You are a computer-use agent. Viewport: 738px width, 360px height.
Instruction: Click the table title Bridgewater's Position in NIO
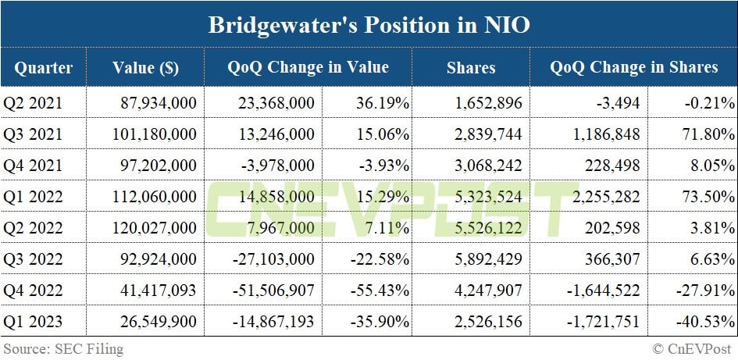[369, 25]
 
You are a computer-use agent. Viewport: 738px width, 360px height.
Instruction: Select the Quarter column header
[43, 68]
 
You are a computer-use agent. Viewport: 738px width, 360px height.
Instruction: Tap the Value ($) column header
[145, 68]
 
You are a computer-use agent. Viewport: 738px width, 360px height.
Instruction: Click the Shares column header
[471, 68]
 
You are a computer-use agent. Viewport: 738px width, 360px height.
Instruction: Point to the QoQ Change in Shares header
[633, 67]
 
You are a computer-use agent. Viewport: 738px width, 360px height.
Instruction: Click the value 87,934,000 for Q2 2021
[160, 102]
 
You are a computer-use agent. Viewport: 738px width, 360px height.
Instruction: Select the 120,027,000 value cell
[155, 227]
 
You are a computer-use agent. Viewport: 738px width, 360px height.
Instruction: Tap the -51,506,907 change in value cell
[273, 290]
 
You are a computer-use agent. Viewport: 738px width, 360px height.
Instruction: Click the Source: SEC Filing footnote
[63, 348]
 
